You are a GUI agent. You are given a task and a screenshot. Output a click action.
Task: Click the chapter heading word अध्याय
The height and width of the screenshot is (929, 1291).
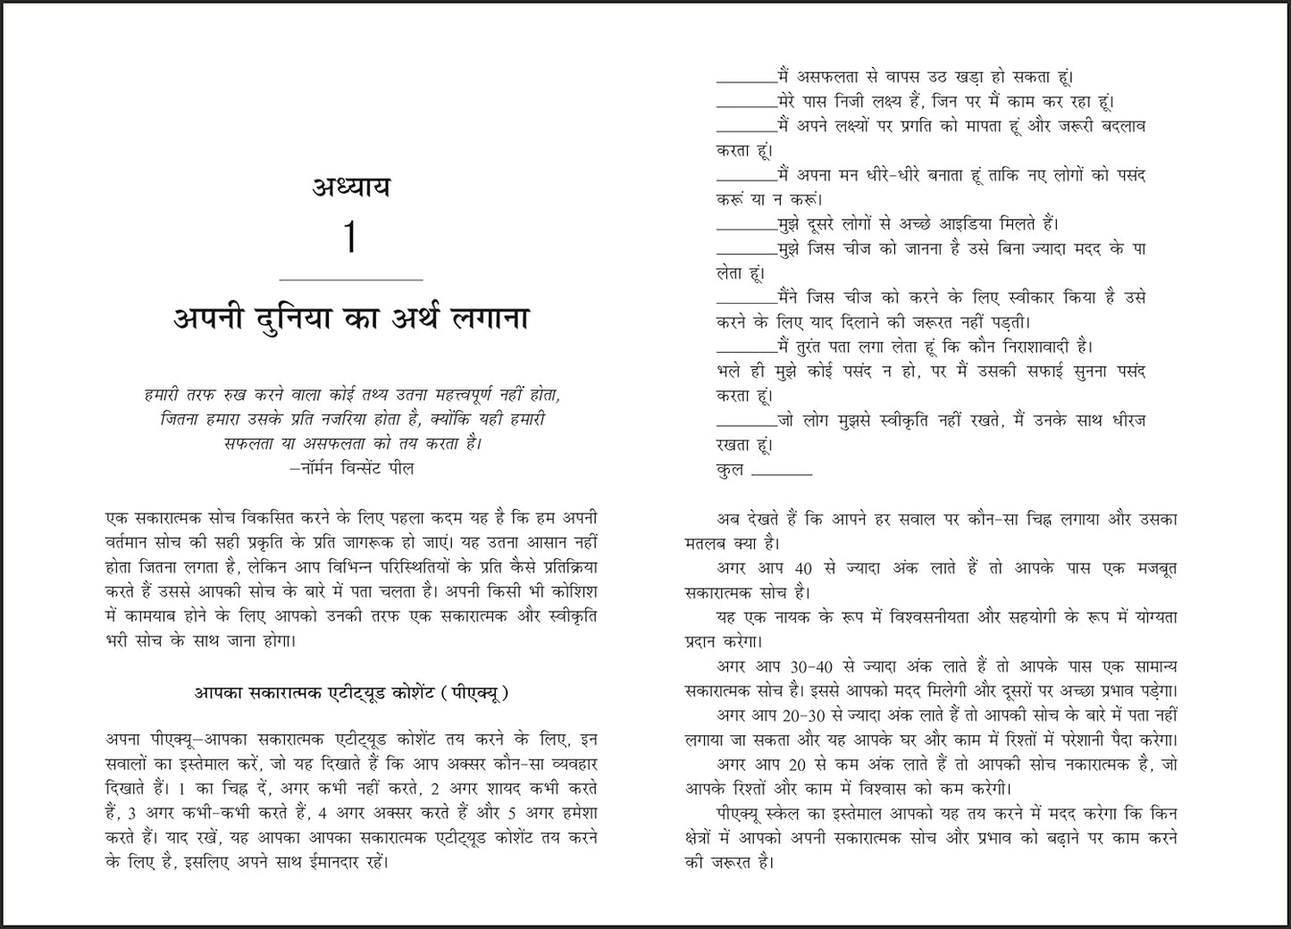(351, 188)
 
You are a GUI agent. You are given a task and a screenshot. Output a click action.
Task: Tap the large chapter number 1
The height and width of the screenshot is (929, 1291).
(350, 239)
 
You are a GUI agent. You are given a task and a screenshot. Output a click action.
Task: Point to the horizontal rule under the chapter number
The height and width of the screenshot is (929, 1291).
(350, 280)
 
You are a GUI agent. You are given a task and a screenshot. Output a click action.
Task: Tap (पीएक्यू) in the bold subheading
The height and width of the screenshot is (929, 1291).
(477, 692)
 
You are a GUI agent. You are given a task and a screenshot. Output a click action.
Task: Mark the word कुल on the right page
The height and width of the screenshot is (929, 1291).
(730, 470)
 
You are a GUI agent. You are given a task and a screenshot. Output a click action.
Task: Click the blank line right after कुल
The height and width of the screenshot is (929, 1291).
(782, 473)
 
